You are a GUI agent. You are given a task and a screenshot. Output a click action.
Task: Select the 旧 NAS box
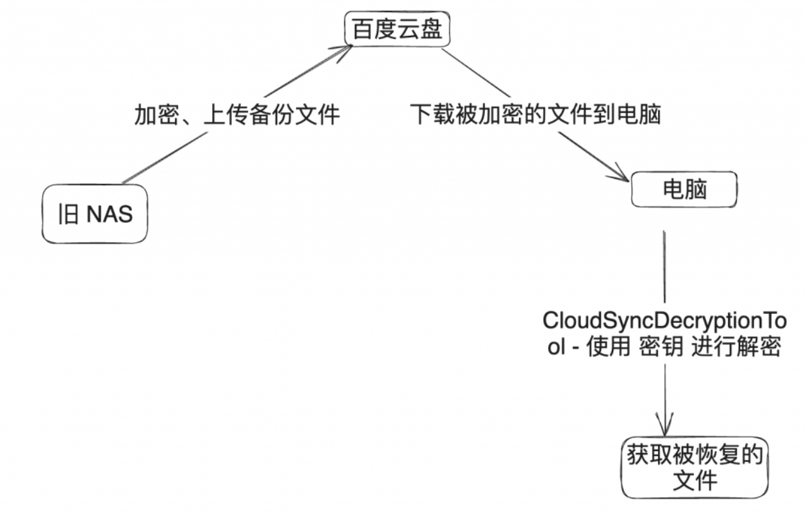(x=95, y=214)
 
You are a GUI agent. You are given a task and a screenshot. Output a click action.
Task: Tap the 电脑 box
(x=684, y=190)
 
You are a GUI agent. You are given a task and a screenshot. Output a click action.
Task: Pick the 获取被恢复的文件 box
(x=695, y=469)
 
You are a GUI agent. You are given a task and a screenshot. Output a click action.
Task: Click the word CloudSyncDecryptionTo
(x=664, y=320)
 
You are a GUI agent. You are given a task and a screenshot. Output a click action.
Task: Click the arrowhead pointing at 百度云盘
(x=345, y=51)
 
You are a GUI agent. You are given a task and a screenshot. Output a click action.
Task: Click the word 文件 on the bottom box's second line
(x=695, y=480)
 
